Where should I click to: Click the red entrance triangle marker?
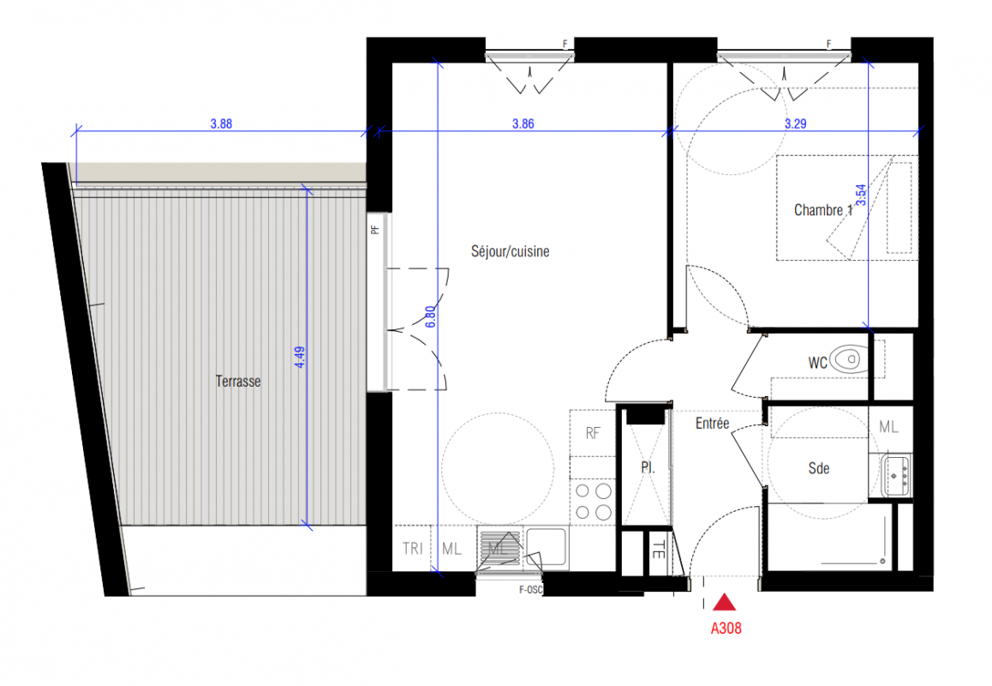tap(725, 602)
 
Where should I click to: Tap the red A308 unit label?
tap(726, 629)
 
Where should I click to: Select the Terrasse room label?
tap(238, 382)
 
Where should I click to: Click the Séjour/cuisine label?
tap(510, 251)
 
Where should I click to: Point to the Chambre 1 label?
tap(823, 210)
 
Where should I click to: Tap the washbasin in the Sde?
tap(896, 475)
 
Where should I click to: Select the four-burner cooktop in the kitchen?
tap(593, 501)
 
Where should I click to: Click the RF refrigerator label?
tap(593, 433)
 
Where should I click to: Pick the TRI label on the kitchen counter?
tap(413, 549)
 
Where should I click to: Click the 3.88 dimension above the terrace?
tap(221, 124)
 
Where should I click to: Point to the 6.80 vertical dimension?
tap(430, 316)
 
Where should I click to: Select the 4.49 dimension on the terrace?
tap(300, 357)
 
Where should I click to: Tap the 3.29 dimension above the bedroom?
tap(795, 124)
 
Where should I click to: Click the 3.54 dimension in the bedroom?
tap(861, 196)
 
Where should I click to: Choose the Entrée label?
tap(713, 423)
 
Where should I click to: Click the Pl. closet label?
tap(648, 468)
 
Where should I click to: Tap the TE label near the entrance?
tap(659, 549)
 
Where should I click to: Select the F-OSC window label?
tap(530, 590)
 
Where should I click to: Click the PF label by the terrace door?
tap(375, 230)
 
